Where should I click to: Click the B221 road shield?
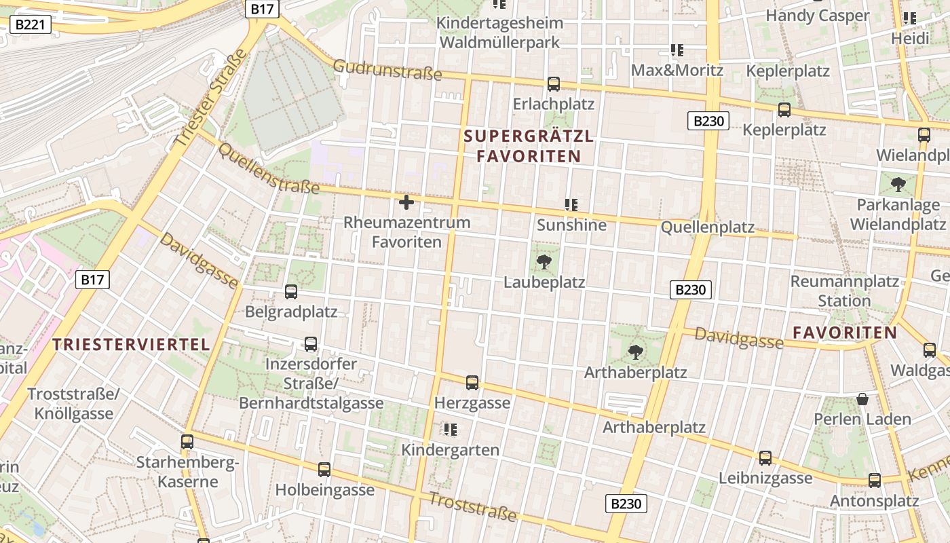[31, 25]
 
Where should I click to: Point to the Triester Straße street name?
[211, 99]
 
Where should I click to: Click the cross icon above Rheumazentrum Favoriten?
[406, 202]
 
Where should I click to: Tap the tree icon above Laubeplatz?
[544, 261]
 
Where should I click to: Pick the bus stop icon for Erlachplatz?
[554, 84]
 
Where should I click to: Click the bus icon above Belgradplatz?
[291, 292]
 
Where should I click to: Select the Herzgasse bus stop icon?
[472, 383]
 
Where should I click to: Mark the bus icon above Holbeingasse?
[324, 469]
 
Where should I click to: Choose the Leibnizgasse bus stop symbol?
[765, 458]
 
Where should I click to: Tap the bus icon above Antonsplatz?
[875, 481]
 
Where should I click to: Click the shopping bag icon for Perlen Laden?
[862, 399]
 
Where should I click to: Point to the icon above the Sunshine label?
[571, 204]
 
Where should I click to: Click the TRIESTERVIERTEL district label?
[132, 344]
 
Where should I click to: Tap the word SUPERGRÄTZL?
[529, 136]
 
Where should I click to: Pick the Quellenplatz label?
[708, 227]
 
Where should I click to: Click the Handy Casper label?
[817, 16]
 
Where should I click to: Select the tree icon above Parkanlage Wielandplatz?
[898, 184]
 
